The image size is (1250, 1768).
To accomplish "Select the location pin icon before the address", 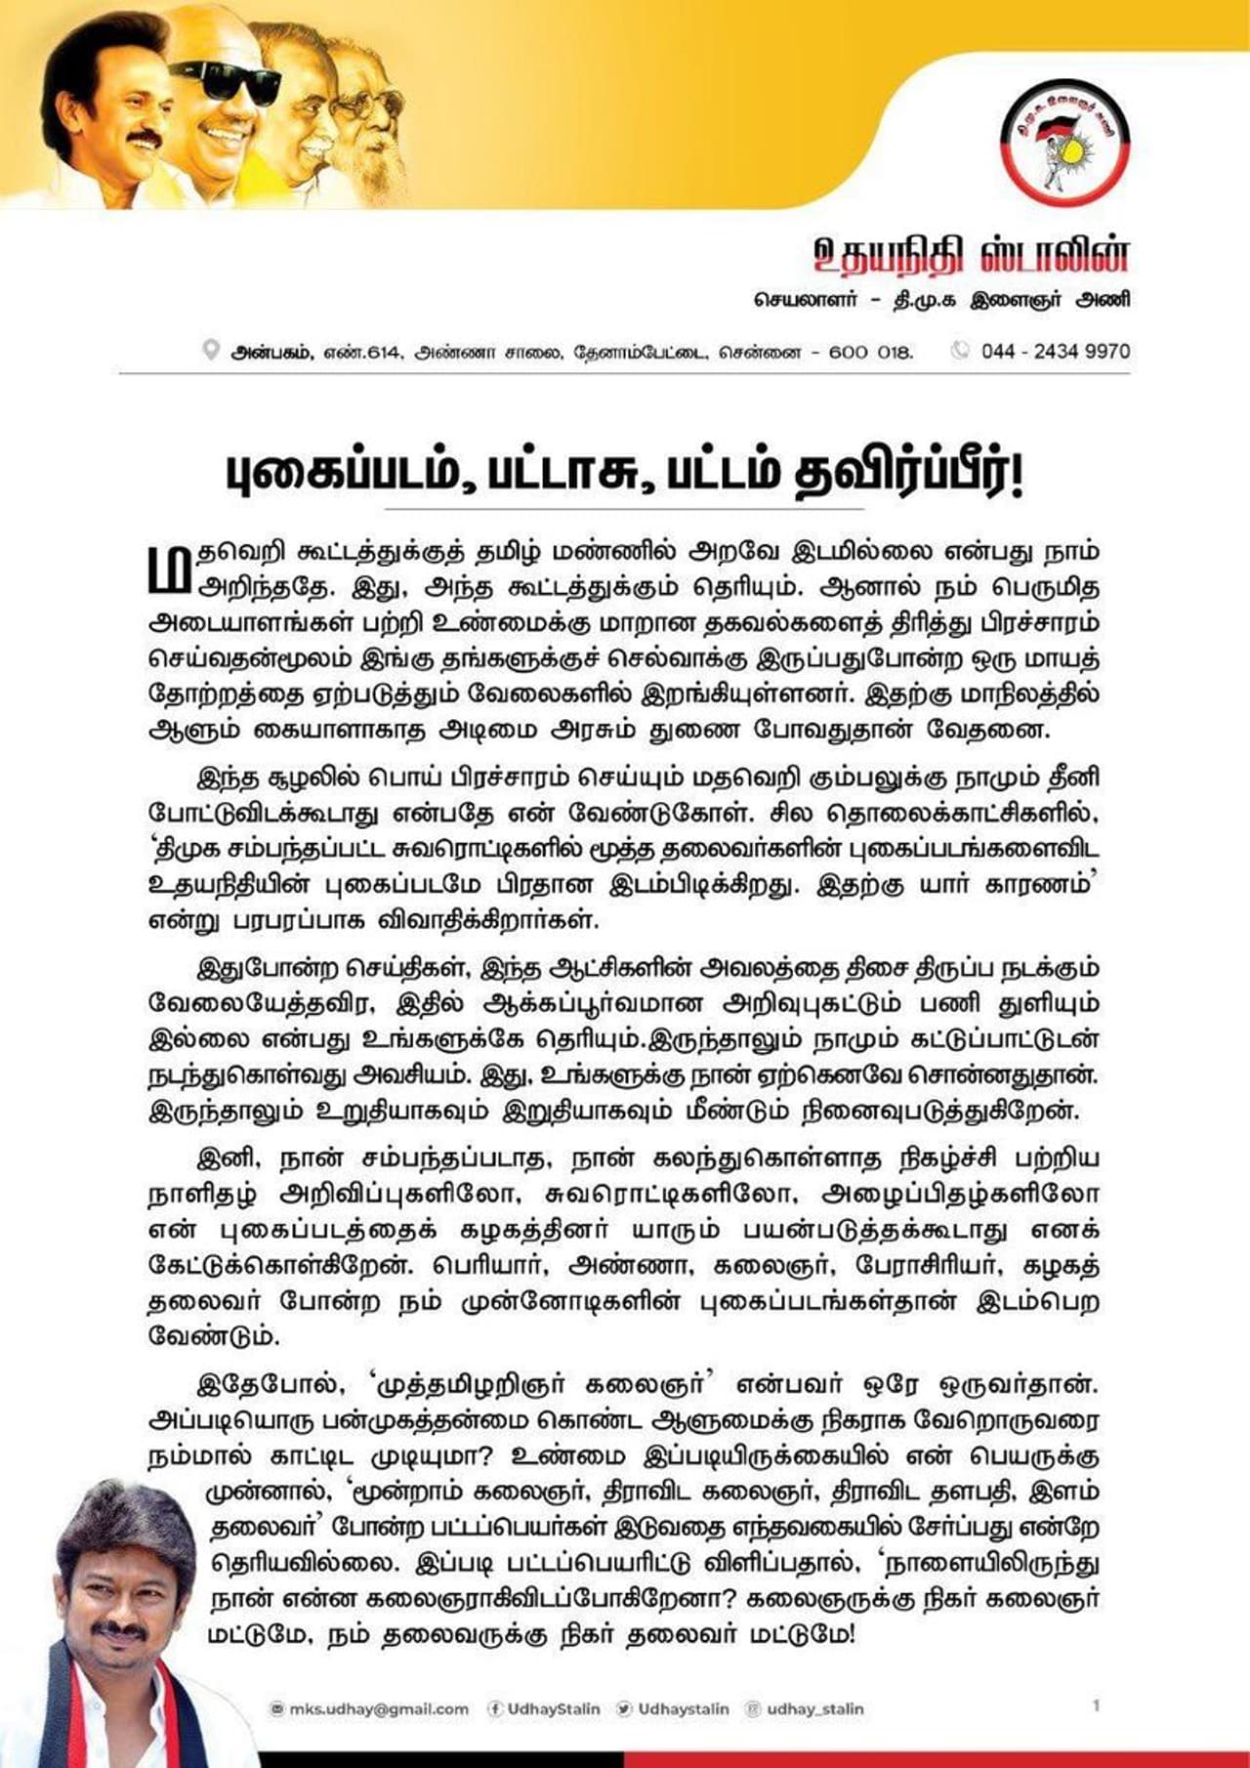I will (210, 351).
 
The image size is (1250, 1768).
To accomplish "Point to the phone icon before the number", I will (961, 351).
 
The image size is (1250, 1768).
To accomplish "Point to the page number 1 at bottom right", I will (1096, 1705).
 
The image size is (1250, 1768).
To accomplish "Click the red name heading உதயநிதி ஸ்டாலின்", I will (971, 257).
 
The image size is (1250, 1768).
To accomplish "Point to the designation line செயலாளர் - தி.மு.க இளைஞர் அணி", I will (941, 300).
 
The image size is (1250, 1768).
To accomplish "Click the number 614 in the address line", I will (383, 352).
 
